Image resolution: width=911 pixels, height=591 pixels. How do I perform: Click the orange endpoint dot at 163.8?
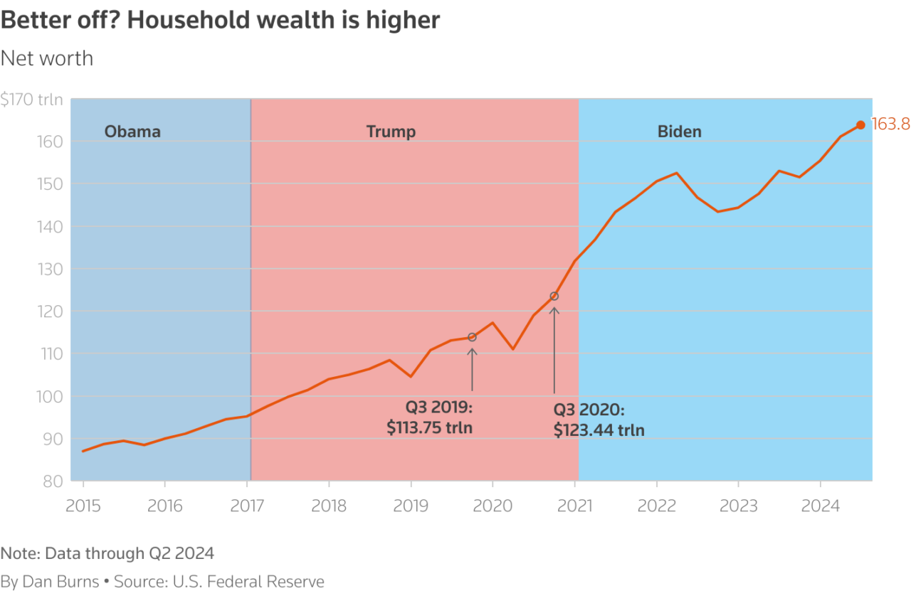point(860,125)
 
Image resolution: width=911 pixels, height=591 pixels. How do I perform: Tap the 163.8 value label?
point(890,124)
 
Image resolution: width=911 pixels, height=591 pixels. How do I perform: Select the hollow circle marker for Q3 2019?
point(472,337)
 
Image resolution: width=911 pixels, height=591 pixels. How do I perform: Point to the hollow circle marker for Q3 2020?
point(554,296)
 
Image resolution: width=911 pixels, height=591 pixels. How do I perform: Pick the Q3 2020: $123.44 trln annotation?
point(599,420)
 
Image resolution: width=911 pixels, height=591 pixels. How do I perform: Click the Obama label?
point(132,132)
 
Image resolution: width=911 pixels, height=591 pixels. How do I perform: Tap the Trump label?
point(391,132)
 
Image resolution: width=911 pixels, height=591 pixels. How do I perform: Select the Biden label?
point(679,132)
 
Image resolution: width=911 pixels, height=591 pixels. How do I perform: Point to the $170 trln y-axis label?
point(31,100)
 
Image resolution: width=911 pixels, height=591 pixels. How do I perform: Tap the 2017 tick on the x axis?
point(246,506)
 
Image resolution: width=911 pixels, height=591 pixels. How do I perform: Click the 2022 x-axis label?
point(656,506)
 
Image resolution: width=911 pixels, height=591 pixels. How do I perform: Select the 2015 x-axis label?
point(83,506)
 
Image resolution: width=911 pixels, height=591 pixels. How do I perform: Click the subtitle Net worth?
point(47,58)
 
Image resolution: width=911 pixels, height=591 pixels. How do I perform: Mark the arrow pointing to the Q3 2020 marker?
point(554,348)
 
